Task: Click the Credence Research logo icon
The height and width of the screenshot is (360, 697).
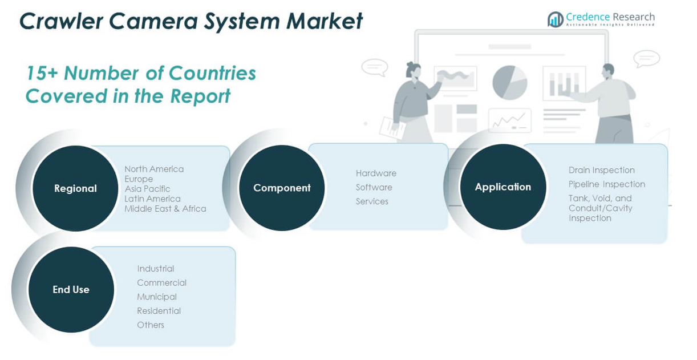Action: pos(555,19)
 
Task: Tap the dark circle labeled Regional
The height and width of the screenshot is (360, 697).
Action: pos(75,188)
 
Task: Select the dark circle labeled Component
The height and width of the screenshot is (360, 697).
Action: pos(282,188)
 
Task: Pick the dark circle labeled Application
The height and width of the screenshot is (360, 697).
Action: pos(503,187)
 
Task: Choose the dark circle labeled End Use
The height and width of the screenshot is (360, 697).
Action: pos(71,289)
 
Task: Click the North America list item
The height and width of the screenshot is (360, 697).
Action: pos(154,169)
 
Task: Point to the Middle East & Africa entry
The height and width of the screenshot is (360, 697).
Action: pos(165,209)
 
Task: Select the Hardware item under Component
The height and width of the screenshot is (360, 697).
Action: pos(376,173)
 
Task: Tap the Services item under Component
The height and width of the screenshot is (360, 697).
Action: pos(372,201)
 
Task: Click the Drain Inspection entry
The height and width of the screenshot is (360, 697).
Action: pos(601,170)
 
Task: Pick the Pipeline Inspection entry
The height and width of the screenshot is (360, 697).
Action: pos(606,184)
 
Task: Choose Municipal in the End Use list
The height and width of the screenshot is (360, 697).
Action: pos(157,297)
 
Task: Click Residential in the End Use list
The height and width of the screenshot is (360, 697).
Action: pos(159,311)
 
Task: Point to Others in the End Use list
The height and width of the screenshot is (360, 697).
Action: pos(151,325)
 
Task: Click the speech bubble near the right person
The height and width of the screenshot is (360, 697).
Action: pos(646,58)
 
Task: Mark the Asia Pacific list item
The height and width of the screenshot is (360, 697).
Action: pos(147,189)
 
